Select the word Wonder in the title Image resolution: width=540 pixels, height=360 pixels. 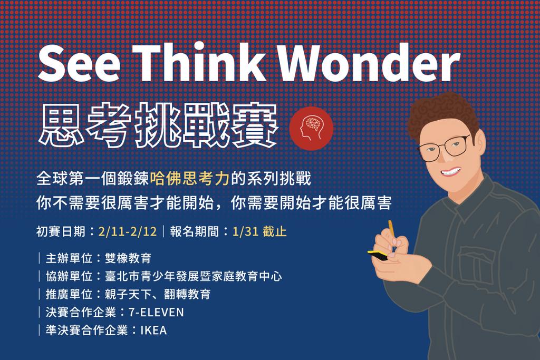[x=369, y=62]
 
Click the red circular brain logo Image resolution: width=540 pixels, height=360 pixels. [x=311, y=129]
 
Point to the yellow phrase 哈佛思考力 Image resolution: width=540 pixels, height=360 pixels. [x=190, y=178]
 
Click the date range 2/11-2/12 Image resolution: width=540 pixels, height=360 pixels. [x=128, y=231]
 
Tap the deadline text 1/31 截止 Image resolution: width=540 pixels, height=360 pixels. [x=259, y=231]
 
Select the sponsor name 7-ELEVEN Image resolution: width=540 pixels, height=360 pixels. [x=156, y=312]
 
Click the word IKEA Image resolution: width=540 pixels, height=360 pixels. [x=153, y=330]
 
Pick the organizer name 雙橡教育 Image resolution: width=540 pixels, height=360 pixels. [x=128, y=258]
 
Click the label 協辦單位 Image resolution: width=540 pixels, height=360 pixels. [x=69, y=276]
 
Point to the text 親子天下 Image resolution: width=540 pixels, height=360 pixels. [x=128, y=294]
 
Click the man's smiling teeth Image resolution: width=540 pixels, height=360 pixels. [x=451, y=171]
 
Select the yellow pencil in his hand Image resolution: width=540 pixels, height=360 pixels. [x=392, y=230]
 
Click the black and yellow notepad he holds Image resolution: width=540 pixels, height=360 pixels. [x=379, y=255]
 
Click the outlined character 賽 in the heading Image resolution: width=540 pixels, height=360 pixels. [x=255, y=125]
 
